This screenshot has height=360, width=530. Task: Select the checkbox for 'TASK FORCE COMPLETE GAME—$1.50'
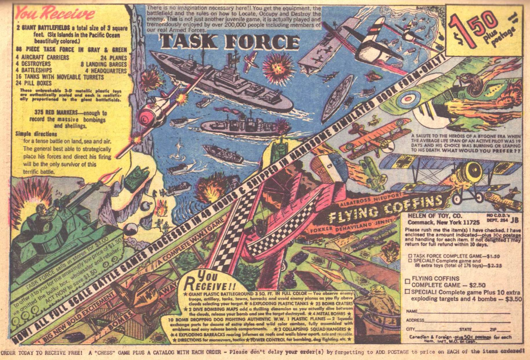[410, 256]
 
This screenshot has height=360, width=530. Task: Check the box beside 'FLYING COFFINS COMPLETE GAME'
[407, 281]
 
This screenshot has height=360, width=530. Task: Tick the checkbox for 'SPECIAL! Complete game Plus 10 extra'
[407, 291]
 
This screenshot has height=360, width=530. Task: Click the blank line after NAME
[463, 313]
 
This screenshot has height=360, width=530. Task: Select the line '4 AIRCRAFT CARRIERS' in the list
[43, 57]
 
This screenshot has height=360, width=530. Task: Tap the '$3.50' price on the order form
[513, 299]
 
